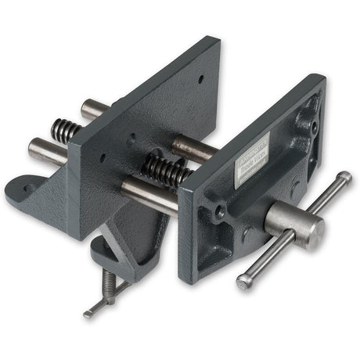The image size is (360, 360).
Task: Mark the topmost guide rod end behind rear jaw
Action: pyautogui.click(x=92, y=109)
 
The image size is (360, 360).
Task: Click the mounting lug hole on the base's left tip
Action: pyautogui.click(x=28, y=189)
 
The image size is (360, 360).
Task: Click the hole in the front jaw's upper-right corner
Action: pyautogui.click(x=312, y=124)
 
